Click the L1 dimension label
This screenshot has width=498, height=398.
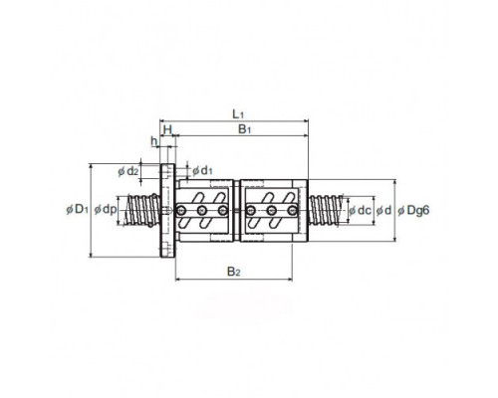tap(238, 114)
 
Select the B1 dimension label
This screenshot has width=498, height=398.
tap(244, 129)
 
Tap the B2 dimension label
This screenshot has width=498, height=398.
tap(233, 272)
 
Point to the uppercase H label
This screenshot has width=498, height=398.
tap(168, 129)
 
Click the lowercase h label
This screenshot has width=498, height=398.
tap(154, 141)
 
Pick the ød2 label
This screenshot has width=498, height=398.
tap(127, 171)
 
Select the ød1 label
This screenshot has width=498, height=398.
tap(202, 171)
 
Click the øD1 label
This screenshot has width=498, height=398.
tap(78, 209)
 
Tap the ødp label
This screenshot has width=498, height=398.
tap(106, 210)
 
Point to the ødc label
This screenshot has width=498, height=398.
tap(360, 210)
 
